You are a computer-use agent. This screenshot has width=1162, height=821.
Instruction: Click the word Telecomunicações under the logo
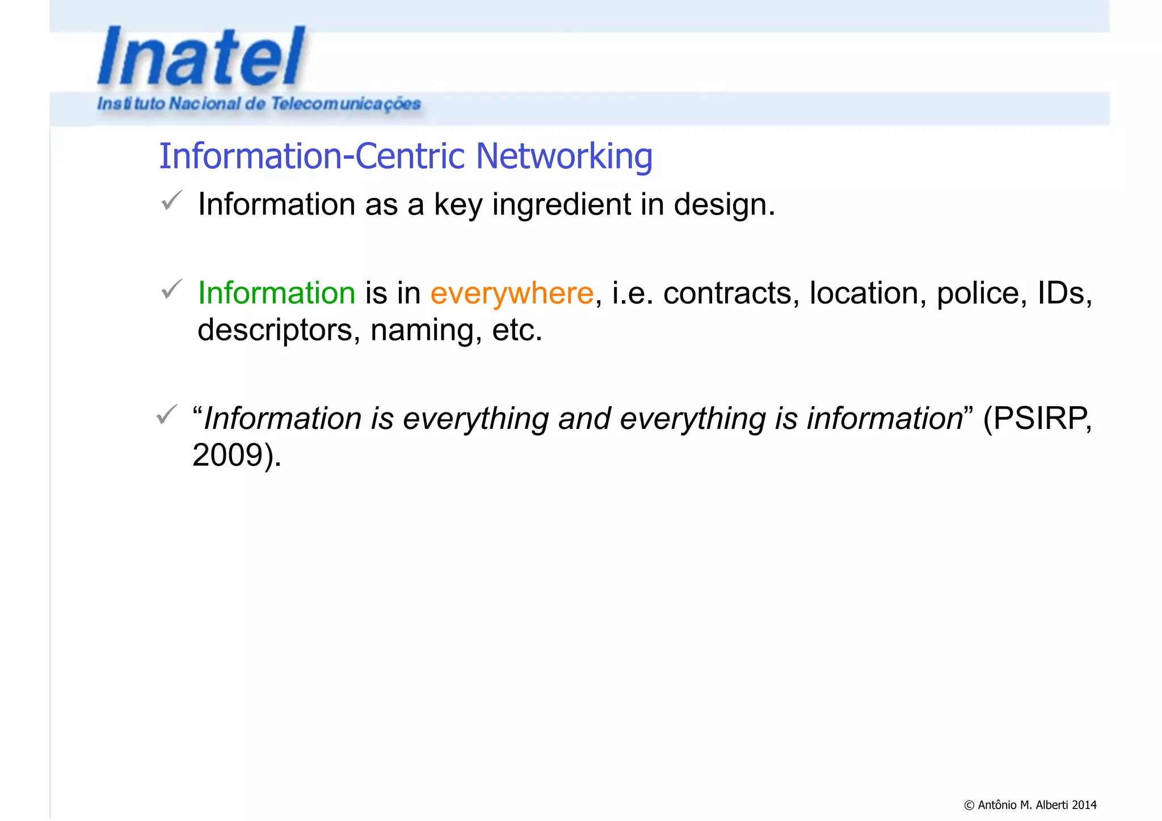[x=346, y=104]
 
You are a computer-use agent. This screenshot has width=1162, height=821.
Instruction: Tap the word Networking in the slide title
[x=564, y=156]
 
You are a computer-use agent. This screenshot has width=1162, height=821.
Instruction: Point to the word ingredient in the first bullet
[x=561, y=205]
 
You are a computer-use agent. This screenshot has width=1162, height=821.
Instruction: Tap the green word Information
[x=276, y=293]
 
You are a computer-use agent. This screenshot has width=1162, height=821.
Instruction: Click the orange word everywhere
[x=512, y=293]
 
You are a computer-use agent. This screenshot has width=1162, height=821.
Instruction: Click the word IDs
[x=1064, y=293]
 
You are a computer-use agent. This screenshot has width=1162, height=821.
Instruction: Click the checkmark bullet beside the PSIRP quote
[x=166, y=415]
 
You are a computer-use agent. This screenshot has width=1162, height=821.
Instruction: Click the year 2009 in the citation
[x=228, y=455]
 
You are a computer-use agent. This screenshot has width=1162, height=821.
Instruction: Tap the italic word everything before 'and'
[x=475, y=419]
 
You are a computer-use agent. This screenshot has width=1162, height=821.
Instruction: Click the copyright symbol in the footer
[x=969, y=805]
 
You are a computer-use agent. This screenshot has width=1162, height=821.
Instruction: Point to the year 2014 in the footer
[x=1084, y=805]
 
